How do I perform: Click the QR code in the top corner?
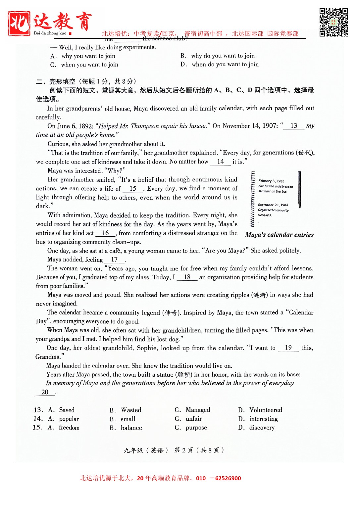tap(334, 22)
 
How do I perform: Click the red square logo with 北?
tap(19, 23)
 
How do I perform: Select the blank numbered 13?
tap(294, 126)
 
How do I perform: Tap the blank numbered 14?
tap(221, 162)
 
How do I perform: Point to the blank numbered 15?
tap(133, 189)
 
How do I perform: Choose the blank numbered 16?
tap(106, 233)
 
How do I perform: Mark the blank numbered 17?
tap(114, 260)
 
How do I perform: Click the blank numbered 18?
tap(187, 277)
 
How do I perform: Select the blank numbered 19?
tap(288, 348)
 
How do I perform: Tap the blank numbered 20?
tap(45, 392)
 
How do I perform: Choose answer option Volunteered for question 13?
tap(266, 410)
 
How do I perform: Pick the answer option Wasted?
tap(131, 410)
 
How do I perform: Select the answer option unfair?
tap(194, 419)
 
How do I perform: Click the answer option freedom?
tap(69, 428)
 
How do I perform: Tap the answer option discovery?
tap(262, 428)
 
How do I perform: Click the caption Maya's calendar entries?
tap(279, 235)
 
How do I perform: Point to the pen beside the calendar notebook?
tap(299, 190)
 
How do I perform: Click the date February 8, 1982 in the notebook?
tap(271, 181)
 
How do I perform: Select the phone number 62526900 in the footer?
tap(228, 478)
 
